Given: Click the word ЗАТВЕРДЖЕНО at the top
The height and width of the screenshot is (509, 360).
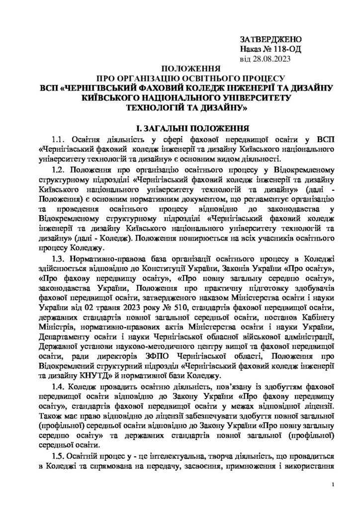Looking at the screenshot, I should [270, 39].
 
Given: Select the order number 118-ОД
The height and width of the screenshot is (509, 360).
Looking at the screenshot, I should [285, 49].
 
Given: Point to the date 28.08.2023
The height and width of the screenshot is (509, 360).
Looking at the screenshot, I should [275, 59].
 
